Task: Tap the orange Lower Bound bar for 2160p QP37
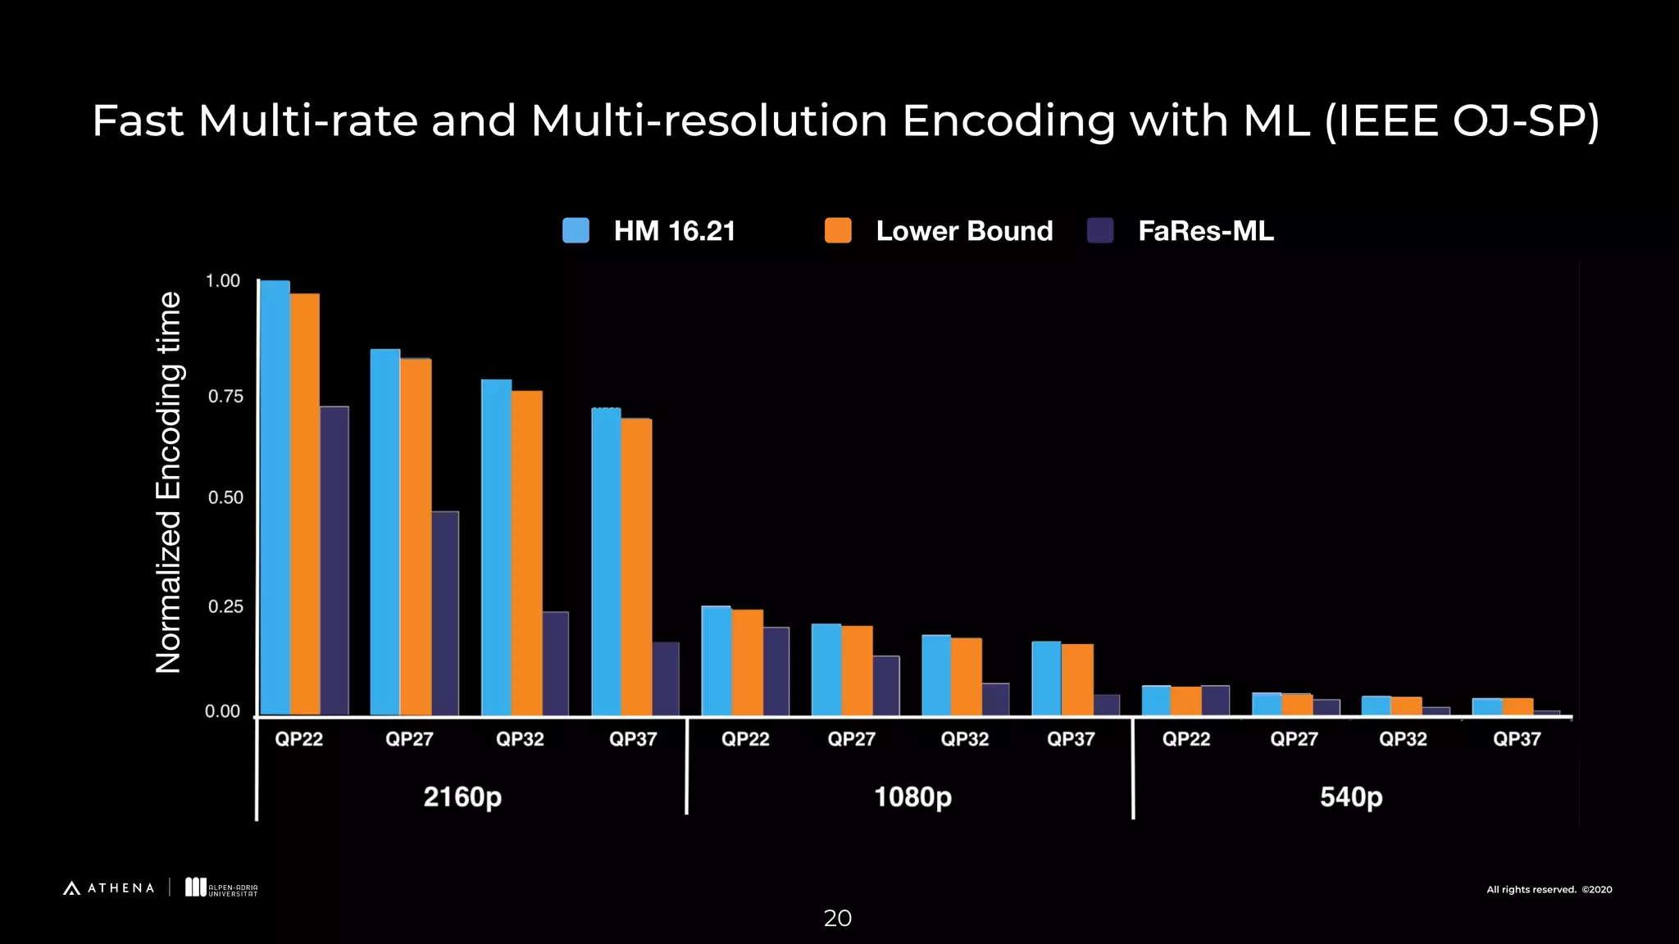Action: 636,566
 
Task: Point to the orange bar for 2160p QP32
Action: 526,552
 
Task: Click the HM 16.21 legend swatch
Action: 576,230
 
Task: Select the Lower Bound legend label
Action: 964,231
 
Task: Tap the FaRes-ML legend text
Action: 1205,231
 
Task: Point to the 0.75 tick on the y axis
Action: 225,397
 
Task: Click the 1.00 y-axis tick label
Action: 223,281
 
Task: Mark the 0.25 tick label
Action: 225,606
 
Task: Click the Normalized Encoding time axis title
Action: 168,483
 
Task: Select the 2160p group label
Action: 462,796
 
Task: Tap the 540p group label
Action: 1350,796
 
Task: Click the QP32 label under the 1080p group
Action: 964,739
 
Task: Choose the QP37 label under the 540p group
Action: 1516,739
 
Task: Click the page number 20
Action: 837,918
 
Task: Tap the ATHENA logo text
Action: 121,888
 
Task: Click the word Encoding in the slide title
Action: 1008,121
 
